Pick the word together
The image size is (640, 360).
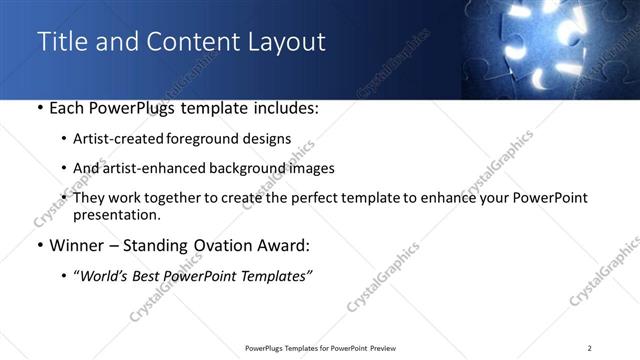(x=203, y=198)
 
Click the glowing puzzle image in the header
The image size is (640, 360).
(x=550, y=48)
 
